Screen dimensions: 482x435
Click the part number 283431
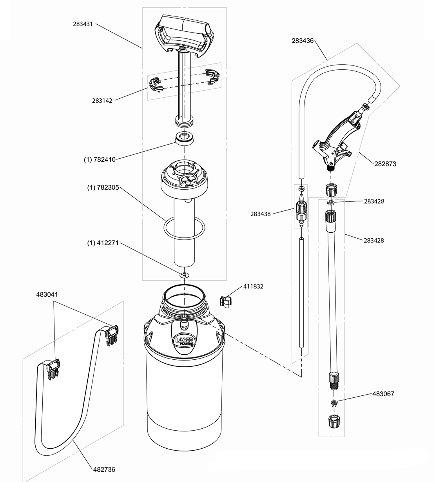(83, 24)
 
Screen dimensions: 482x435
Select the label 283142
(102, 101)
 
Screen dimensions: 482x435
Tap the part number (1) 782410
(100, 159)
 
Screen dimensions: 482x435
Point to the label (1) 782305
(103, 188)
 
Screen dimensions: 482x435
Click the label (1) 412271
(103, 243)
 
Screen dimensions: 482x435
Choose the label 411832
(254, 286)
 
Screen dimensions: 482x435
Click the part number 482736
(104, 469)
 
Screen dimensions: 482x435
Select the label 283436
(302, 40)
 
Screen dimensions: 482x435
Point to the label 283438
(261, 214)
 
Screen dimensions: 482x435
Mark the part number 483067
(383, 394)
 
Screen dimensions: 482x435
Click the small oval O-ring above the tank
(184, 275)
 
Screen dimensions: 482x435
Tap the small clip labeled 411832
(225, 302)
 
